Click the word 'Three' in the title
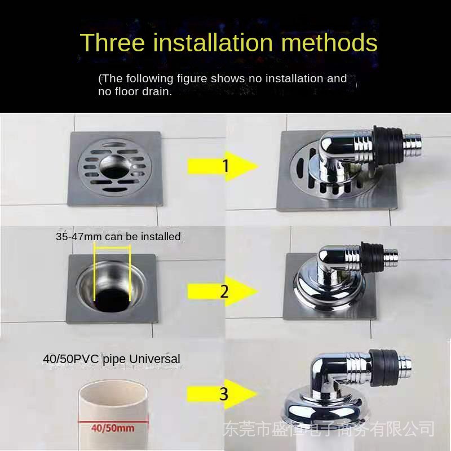point(112,42)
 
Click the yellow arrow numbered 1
point(223,166)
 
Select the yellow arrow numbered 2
point(223,291)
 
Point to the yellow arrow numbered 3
point(222,394)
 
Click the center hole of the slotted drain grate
point(115,167)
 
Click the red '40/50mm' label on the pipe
point(113,428)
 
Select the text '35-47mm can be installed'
point(118,236)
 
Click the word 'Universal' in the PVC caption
point(154,359)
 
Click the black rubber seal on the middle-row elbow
point(373,258)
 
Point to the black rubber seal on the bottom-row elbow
point(384,368)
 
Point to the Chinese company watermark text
point(329,429)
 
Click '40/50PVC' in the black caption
point(71,359)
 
